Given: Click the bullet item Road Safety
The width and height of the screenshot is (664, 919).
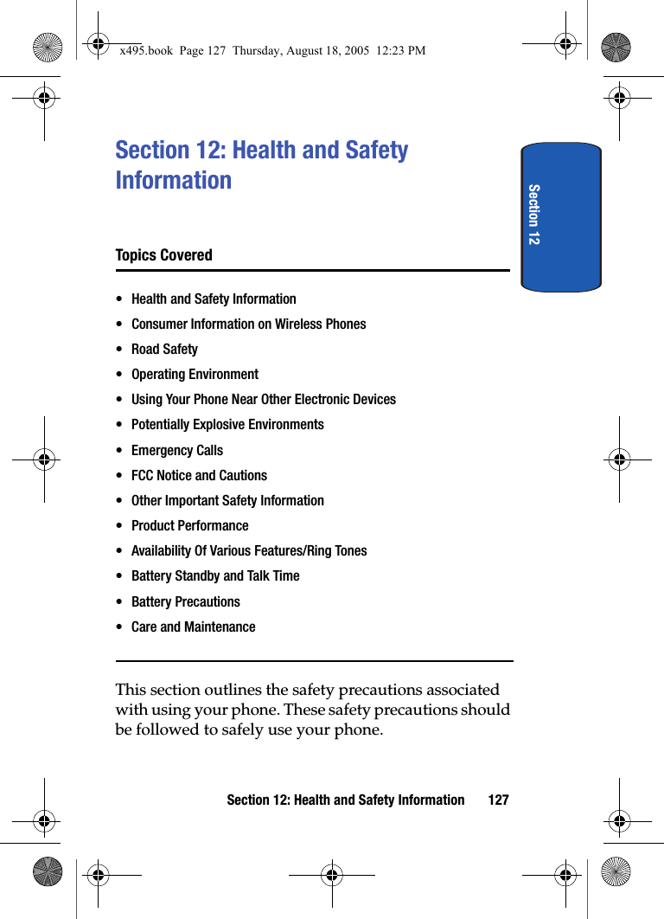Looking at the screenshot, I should click(x=164, y=350).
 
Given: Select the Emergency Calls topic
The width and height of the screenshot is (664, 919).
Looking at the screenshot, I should click(x=176, y=451).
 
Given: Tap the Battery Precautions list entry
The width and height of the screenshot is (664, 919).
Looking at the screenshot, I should click(x=185, y=602).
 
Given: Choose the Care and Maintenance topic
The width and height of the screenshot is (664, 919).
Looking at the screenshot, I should click(x=193, y=627).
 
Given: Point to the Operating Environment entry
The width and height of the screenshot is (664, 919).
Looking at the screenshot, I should click(x=195, y=375).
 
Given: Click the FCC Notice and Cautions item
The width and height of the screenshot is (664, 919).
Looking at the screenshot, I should click(x=199, y=476).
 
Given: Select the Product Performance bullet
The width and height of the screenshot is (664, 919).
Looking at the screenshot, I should click(x=189, y=526).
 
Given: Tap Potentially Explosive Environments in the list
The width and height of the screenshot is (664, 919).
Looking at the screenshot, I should click(x=227, y=425).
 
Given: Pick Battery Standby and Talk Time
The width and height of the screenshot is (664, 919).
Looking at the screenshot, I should click(x=215, y=576).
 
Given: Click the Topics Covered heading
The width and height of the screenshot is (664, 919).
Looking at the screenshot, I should click(x=163, y=255).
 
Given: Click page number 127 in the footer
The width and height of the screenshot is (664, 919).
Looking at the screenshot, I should click(x=498, y=800).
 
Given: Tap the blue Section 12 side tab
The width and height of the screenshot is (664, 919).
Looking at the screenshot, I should click(x=561, y=216).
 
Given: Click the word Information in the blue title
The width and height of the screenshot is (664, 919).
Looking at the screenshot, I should click(x=174, y=181).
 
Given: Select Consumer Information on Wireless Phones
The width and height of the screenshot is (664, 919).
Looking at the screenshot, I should click(x=248, y=325).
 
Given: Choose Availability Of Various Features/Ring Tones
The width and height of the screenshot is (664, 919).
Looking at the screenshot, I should click(x=249, y=551).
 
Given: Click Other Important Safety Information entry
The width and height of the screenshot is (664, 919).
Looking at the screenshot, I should click(x=227, y=501).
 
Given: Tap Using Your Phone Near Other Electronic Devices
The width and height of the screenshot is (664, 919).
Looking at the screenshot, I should click(x=264, y=400).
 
